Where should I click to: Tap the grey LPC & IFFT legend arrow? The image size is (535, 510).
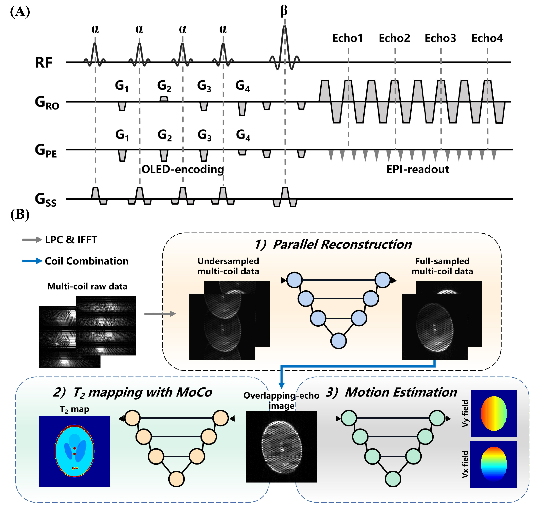click(x=32, y=240)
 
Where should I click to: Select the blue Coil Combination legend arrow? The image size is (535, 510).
click(x=32, y=261)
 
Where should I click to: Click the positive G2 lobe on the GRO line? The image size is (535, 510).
click(x=164, y=99)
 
